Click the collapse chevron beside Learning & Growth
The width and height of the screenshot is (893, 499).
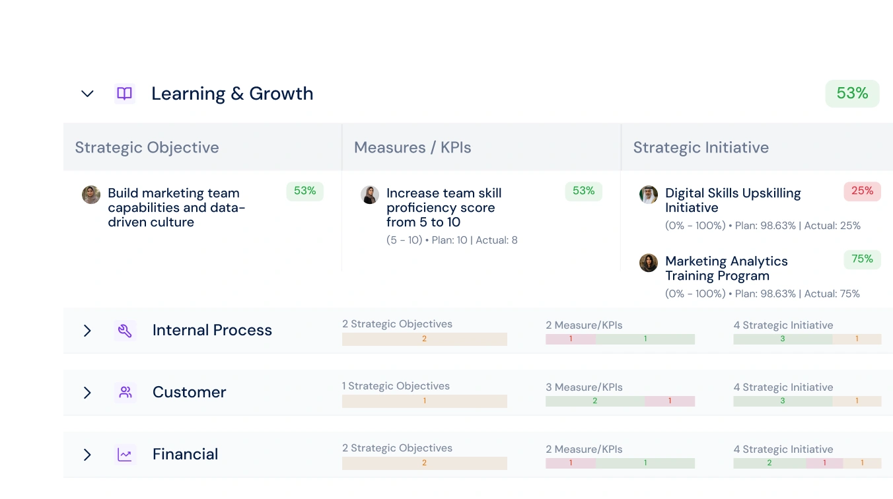[87, 94]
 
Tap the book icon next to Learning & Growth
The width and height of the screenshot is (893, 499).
[124, 94]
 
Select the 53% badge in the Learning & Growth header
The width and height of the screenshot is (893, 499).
[852, 94]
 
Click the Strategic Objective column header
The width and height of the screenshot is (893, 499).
[147, 147]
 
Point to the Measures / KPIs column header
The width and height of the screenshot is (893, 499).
[412, 147]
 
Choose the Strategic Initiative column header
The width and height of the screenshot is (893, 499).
[701, 147]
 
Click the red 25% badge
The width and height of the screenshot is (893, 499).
[862, 191]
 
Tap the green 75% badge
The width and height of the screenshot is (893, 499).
[862, 259]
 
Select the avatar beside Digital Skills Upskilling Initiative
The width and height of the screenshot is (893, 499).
[649, 195]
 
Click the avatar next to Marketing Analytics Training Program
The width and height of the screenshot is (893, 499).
[649, 263]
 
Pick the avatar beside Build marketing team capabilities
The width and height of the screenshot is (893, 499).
[91, 195]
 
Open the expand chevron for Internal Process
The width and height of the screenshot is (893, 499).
[87, 331]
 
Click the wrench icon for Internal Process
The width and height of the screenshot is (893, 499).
[125, 331]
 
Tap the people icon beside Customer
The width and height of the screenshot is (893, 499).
[125, 393]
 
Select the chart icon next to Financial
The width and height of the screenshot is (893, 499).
[125, 455]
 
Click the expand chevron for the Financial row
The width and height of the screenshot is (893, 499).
[87, 455]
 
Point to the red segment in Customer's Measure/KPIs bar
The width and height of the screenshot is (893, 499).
[670, 401]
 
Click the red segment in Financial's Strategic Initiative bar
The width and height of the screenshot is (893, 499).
[824, 463]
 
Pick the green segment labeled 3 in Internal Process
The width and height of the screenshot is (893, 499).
[783, 339]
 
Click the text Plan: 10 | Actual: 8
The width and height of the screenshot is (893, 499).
[474, 240]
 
